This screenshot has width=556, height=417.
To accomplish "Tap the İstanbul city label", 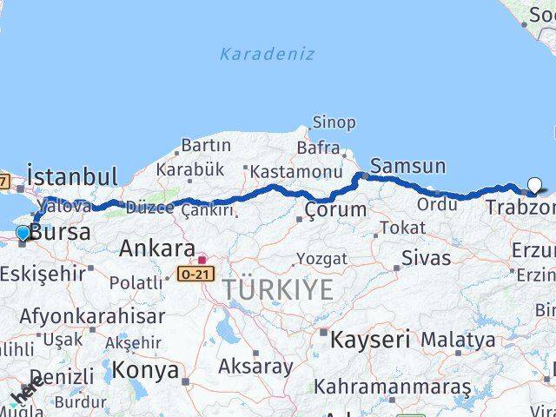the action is click(72, 176).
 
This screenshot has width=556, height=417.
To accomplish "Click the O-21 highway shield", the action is click(195, 274).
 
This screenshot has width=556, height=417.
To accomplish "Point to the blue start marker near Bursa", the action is click(23, 232).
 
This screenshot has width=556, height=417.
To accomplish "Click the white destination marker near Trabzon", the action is click(534, 184).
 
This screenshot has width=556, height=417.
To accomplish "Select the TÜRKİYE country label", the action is click(277, 290).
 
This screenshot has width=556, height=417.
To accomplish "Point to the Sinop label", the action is click(334, 122).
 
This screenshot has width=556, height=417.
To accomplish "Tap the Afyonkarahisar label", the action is click(92, 316).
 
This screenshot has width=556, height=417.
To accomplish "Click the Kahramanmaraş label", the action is click(392, 386).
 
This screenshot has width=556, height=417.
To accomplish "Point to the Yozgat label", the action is click(321, 259).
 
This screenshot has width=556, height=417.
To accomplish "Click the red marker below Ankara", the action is click(202, 259).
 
